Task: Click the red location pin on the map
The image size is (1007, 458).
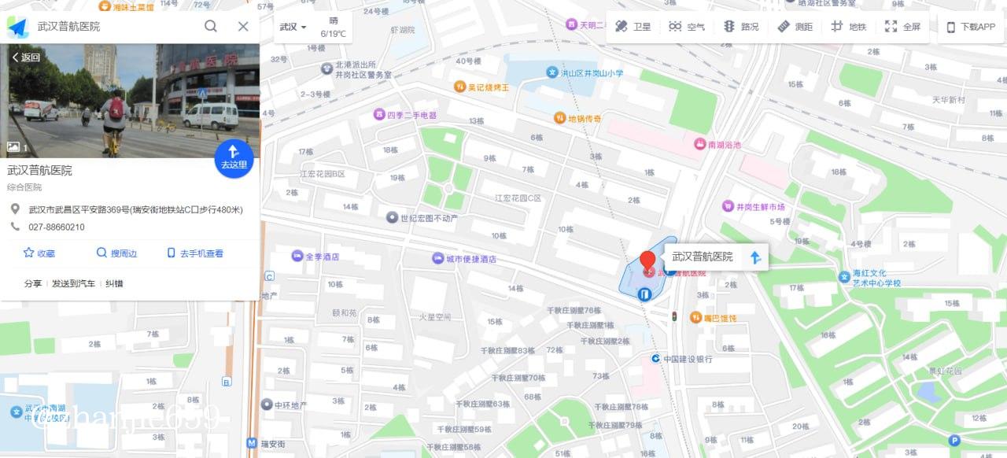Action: [647, 262]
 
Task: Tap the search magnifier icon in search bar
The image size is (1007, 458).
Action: [211, 26]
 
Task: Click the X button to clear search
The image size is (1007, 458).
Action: [243, 26]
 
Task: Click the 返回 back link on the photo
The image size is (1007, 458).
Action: [26, 57]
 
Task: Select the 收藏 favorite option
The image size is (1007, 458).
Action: [39, 253]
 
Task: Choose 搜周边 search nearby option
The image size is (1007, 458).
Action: [116, 253]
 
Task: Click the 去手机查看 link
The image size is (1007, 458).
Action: [195, 253]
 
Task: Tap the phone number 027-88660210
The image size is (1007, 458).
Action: [57, 227]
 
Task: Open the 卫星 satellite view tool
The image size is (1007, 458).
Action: [633, 27]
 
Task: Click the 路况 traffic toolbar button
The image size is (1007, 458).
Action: [741, 27]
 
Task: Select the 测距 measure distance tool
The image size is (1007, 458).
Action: [795, 27]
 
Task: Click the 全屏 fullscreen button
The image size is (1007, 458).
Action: [902, 27]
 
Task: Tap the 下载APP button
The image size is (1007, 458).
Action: [971, 27]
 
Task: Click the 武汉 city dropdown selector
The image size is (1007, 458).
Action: [293, 27]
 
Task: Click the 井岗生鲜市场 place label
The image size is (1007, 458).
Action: [754, 207]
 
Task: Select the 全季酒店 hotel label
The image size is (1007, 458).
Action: [315, 257]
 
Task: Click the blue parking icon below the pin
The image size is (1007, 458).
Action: [644, 294]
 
